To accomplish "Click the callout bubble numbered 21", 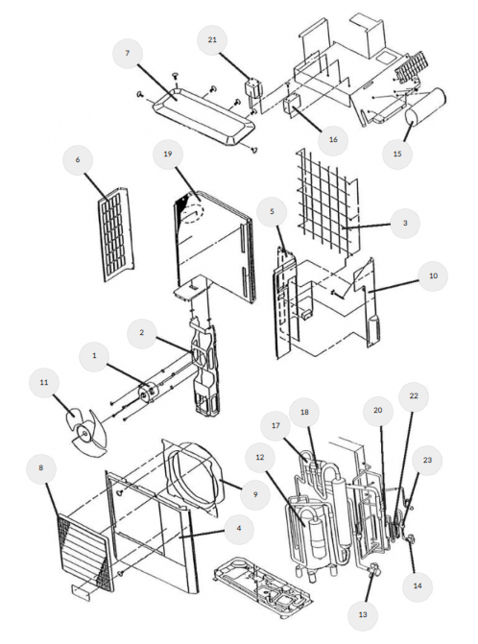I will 214,39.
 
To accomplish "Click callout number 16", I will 332,139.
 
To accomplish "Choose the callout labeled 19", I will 168,153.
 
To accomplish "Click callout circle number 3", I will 405,222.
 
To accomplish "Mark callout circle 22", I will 413,396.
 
